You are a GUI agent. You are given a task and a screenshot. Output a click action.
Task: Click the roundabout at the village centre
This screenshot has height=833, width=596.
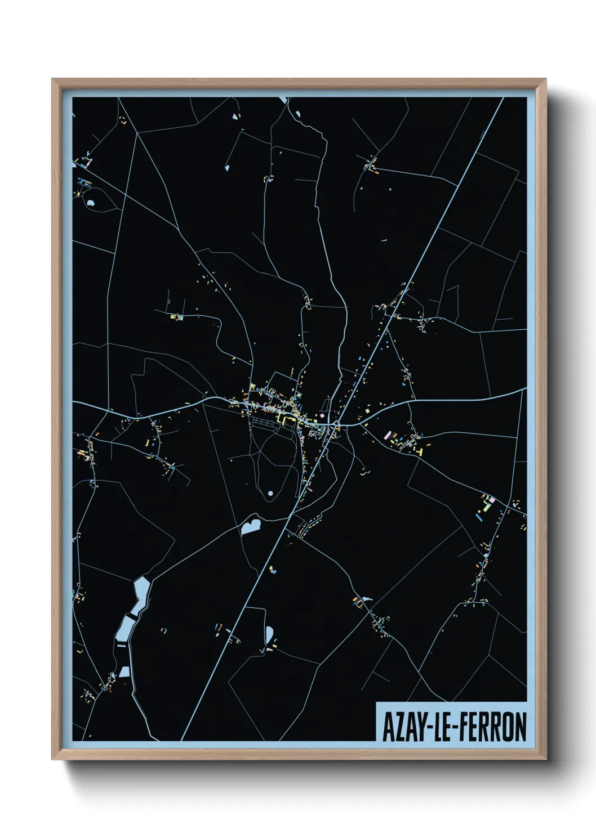point(336,424)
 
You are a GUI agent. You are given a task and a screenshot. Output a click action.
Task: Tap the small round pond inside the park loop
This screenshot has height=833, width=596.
point(270,493)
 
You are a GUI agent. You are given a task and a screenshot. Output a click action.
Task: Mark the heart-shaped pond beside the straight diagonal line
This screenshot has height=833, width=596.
point(250,526)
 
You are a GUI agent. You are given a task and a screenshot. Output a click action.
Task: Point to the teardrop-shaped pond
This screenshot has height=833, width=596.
point(269,634)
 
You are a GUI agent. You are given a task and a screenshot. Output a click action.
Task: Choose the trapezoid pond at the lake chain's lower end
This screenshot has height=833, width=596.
point(124,671)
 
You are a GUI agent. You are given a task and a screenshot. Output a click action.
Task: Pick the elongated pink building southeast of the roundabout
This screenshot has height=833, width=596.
point(387,435)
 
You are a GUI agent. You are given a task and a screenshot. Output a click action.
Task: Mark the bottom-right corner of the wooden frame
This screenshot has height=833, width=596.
point(545,759)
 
